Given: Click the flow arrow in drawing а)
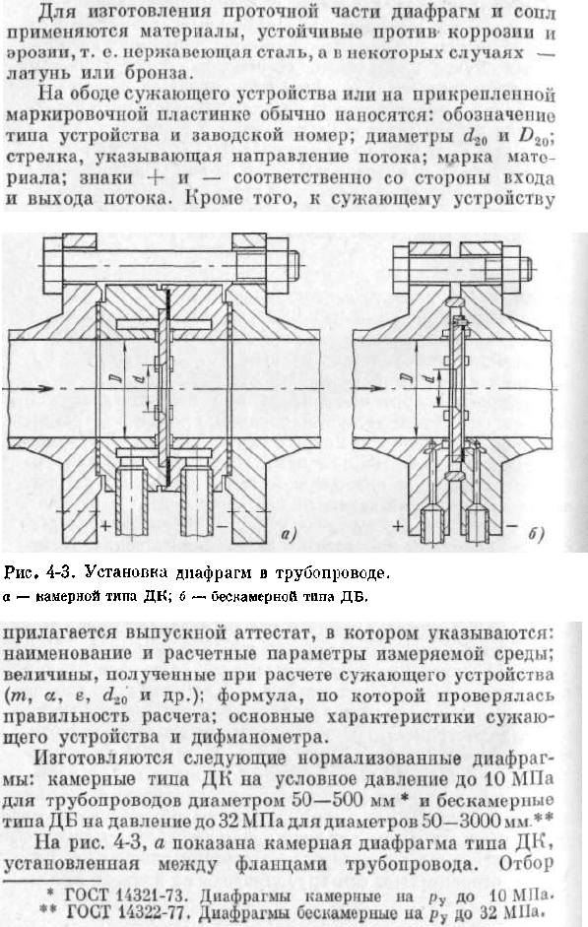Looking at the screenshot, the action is coord(36,389).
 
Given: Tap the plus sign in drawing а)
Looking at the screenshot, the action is coord(105,525).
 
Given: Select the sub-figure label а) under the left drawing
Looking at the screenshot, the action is coord(289,535).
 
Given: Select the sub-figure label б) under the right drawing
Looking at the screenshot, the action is coord(536,534).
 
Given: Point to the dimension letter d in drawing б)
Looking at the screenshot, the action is coord(429,376).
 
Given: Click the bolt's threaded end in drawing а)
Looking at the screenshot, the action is coord(293,265).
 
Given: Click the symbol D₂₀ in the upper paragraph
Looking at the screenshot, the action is coord(534,137).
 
